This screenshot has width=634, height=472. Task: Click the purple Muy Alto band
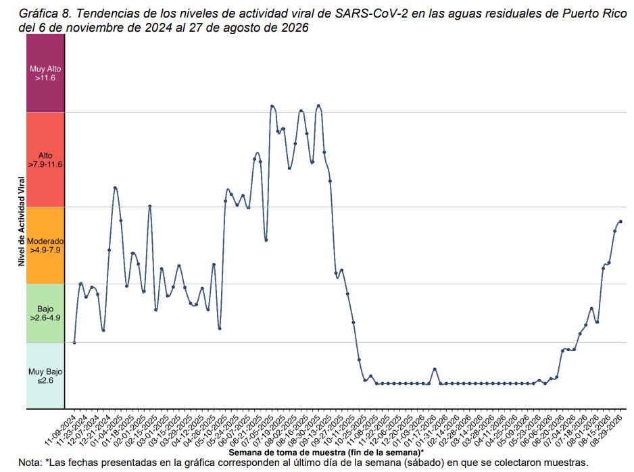coord(45,73)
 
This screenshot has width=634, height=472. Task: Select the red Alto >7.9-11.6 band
coord(45,159)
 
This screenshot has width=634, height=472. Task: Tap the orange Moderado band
coord(45,245)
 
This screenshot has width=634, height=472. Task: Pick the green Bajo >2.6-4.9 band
coord(45,313)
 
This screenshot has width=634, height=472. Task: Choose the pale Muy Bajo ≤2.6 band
coord(45,376)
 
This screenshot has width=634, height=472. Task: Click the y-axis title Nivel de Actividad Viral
coord(22,221)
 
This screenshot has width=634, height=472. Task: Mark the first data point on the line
coord(74,342)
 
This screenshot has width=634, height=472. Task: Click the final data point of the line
coord(620,221)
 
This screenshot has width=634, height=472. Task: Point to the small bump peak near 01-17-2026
coord(435,369)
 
